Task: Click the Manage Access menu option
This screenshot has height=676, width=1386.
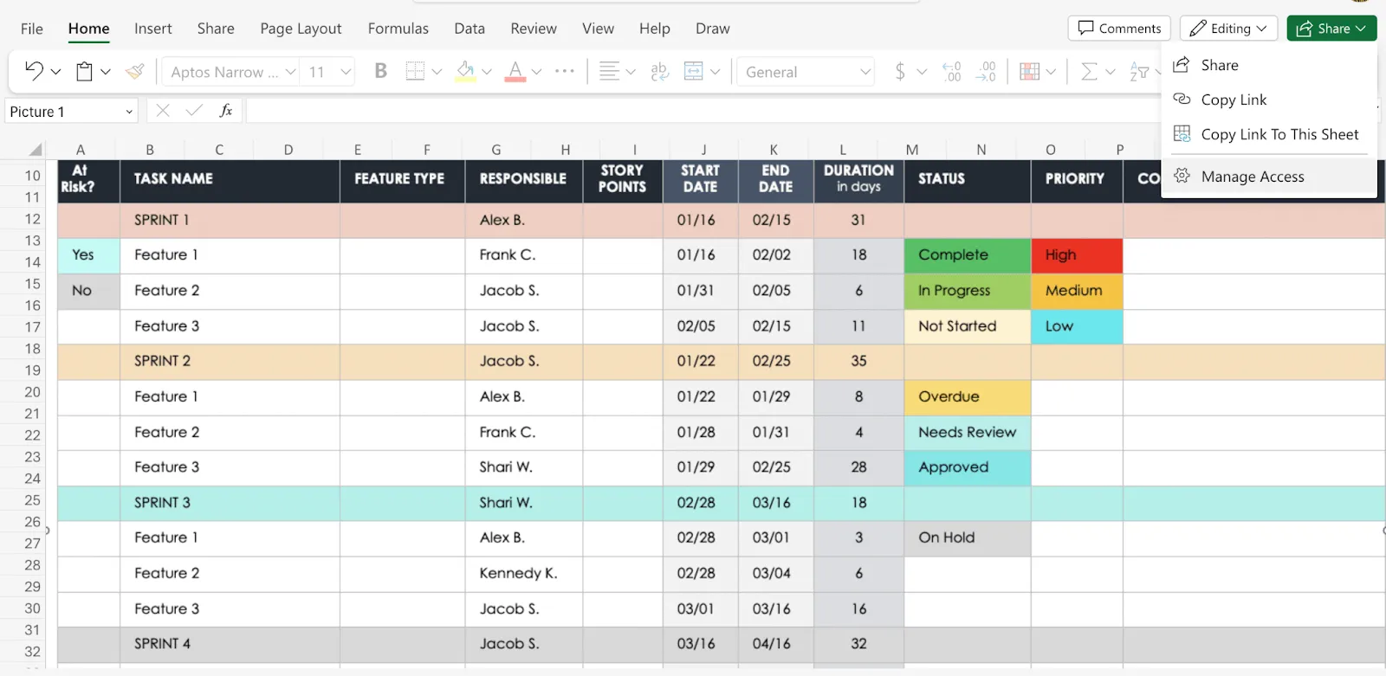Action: (x=1253, y=177)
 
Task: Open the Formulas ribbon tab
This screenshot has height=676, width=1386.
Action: (x=398, y=29)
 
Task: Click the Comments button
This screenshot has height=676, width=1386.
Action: (x=1118, y=29)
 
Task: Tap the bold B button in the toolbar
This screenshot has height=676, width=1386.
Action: (x=380, y=72)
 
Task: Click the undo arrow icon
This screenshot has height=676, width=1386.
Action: (x=34, y=71)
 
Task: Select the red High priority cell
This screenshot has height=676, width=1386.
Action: (x=1077, y=255)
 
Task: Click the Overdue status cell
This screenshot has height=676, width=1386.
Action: (x=967, y=397)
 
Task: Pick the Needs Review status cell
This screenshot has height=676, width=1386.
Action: (x=967, y=432)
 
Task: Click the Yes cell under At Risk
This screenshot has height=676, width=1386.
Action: (x=88, y=255)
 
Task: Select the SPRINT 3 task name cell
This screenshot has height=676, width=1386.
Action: (x=230, y=503)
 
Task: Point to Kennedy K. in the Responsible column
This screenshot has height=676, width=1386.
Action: (x=518, y=573)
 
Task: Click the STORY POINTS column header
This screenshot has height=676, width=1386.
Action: (x=623, y=179)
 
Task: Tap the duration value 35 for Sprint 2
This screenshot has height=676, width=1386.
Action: (x=858, y=361)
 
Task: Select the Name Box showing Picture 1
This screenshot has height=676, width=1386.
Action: (x=70, y=112)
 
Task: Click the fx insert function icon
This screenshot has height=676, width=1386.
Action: (x=226, y=111)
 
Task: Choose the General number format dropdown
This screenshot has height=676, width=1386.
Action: (x=806, y=72)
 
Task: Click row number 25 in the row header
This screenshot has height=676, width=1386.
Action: (x=32, y=500)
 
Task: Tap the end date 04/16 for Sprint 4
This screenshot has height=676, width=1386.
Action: (x=771, y=644)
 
